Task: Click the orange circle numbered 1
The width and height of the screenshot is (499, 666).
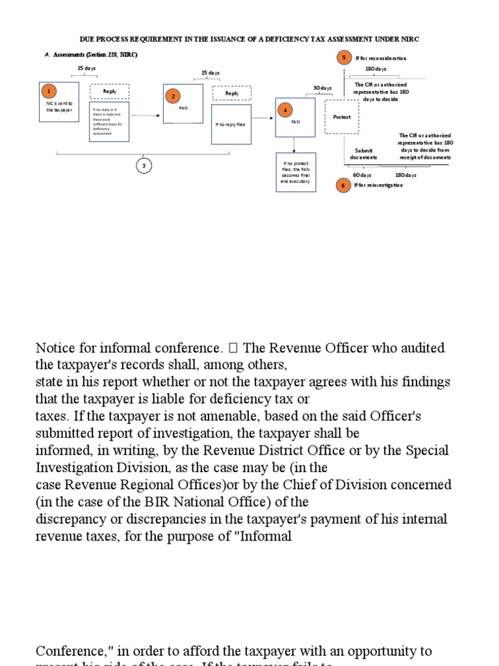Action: point(48,92)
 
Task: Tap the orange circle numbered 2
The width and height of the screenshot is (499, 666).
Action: point(173,96)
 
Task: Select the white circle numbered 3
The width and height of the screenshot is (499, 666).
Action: point(144,166)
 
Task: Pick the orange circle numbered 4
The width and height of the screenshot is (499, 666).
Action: point(285,110)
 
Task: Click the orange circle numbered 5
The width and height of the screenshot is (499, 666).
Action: point(344,58)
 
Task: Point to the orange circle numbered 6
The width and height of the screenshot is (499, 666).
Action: point(344,185)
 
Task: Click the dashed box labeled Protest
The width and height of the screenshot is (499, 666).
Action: point(342,117)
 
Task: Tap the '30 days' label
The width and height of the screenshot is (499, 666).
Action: point(322,88)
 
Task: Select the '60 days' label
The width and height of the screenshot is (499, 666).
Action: point(362,175)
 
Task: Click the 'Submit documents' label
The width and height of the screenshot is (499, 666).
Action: point(363,153)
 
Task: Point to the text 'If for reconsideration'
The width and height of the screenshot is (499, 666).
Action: point(381,59)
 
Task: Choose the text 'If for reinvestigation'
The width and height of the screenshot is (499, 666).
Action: point(379,185)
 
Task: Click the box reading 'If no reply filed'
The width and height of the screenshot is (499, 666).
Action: point(230,124)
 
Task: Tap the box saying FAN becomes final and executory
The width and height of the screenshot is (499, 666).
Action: point(296,172)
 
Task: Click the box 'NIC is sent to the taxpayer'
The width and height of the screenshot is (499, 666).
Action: point(60,107)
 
